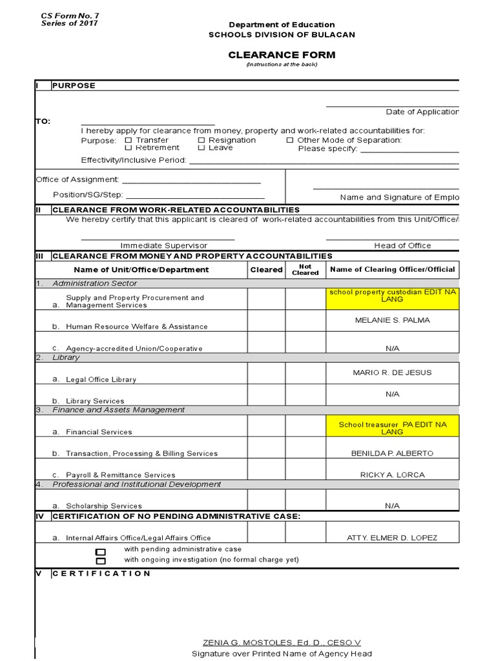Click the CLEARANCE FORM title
pyautogui.click(x=282, y=55)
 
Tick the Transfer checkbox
pyautogui.click(x=128, y=140)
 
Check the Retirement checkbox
pyautogui.click(x=128, y=148)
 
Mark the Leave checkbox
pyautogui.click(x=201, y=148)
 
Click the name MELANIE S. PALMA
pyautogui.click(x=392, y=320)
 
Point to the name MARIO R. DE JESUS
pyautogui.click(x=392, y=372)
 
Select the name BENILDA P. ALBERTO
pyautogui.click(x=392, y=453)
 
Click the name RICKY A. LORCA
pyautogui.click(x=392, y=474)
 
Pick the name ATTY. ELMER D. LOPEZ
pyautogui.click(x=392, y=538)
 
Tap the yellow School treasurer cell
pyautogui.click(x=392, y=428)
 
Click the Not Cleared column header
pyautogui.click(x=305, y=269)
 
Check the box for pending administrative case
pyautogui.click(x=100, y=552)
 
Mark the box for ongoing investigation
pyautogui.click(x=100, y=561)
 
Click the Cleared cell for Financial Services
pyautogui.click(x=266, y=426)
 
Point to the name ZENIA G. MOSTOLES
pyautogui.click(x=282, y=642)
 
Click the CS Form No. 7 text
pyautogui.click(x=61, y=15)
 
